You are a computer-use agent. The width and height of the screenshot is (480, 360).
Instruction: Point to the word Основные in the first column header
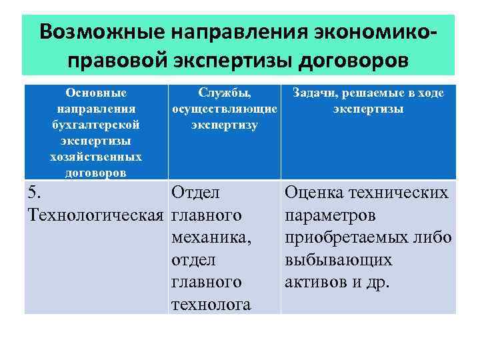(96, 93)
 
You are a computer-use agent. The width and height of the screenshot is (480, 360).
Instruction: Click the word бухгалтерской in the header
(96, 125)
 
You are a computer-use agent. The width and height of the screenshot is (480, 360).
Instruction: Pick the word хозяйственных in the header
(96, 157)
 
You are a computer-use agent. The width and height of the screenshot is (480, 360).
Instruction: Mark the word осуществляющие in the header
(224, 109)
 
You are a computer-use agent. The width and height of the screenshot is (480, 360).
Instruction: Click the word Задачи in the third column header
(307, 93)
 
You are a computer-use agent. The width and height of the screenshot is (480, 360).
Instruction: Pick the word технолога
(211, 305)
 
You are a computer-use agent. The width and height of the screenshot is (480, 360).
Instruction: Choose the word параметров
(331, 216)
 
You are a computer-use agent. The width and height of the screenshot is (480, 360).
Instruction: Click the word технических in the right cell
(402, 193)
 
